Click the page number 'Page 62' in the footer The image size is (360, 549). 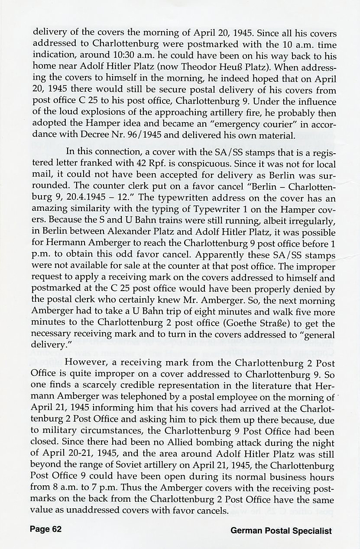pyautogui.click(x=45, y=530)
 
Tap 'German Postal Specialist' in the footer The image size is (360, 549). pyautogui.click(x=281, y=530)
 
